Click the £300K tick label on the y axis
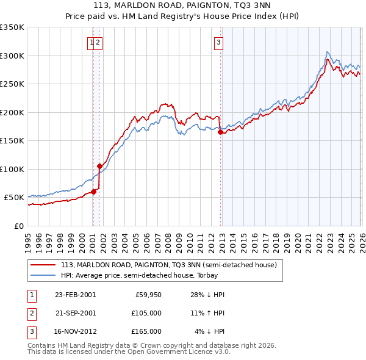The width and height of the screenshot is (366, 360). tap(12, 56)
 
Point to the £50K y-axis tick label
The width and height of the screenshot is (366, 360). tap(14, 198)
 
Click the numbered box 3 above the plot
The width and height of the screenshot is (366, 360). tap(218, 43)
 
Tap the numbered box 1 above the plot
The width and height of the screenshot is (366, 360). tap(91, 43)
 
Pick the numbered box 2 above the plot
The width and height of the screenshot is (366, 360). tap(98, 43)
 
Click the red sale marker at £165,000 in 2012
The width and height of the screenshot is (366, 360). tap(220, 132)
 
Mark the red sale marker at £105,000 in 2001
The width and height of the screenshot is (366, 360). tap(99, 166)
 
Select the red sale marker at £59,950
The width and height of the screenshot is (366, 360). tap(93, 192)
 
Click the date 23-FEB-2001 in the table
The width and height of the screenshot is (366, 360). tap(75, 295)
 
